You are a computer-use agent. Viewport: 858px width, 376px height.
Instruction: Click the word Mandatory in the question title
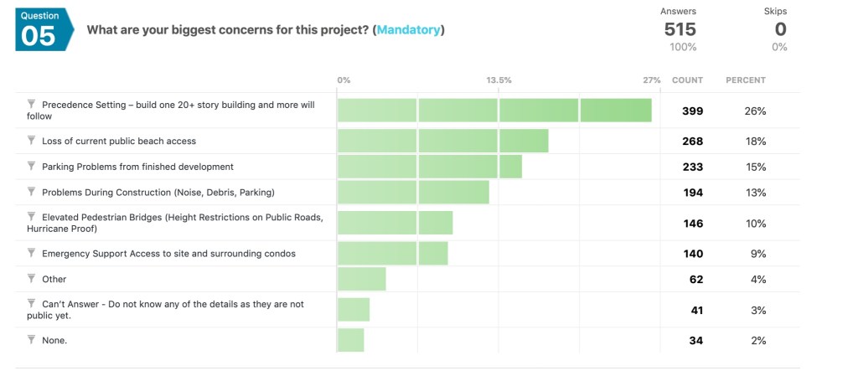click(x=408, y=30)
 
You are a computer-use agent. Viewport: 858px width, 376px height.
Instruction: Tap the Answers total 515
click(x=680, y=29)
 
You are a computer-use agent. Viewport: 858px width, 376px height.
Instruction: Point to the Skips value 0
click(x=779, y=29)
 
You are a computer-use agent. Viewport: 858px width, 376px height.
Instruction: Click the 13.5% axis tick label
click(x=499, y=80)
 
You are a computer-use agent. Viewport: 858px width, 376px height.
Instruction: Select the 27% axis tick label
click(x=651, y=80)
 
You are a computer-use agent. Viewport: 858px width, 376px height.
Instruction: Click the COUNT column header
click(x=687, y=80)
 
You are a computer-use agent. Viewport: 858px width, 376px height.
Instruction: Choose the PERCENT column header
click(x=745, y=80)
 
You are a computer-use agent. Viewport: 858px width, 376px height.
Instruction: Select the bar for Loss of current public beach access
click(x=442, y=141)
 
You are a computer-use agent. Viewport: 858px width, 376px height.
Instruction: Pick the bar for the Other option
click(x=361, y=279)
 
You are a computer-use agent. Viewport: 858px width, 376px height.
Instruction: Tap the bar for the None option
click(x=350, y=340)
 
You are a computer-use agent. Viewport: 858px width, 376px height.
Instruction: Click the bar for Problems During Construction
click(x=413, y=193)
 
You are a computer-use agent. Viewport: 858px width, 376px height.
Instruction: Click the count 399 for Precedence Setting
click(x=692, y=111)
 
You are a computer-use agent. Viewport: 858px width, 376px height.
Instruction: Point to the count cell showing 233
click(x=692, y=167)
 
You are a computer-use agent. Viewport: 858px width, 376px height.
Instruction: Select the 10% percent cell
click(x=757, y=224)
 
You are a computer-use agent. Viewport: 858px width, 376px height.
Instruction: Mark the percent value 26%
click(x=757, y=111)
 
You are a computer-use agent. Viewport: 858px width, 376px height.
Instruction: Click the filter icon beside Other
click(x=32, y=278)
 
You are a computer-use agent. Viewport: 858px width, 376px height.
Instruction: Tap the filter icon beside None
click(x=32, y=339)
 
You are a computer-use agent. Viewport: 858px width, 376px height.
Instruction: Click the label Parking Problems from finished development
click(x=137, y=167)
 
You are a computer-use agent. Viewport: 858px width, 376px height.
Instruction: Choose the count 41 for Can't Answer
click(x=695, y=310)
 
